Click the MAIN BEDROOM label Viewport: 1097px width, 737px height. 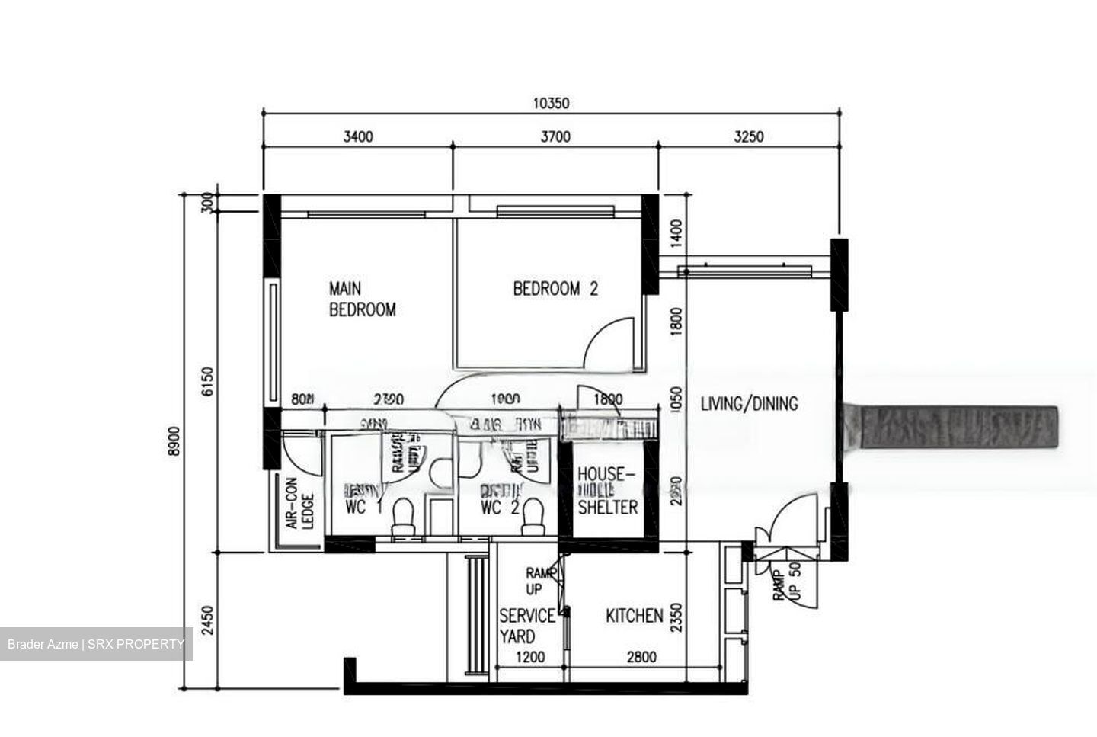tap(362, 300)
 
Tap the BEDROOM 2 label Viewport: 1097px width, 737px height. tap(555, 289)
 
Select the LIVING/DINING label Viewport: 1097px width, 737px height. tap(749, 404)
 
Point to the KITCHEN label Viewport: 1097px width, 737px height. tap(634, 616)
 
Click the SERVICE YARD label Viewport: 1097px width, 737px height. tap(526, 626)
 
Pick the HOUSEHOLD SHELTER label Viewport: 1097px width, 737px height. tap(606, 491)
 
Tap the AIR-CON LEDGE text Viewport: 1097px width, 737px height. tap(299, 504)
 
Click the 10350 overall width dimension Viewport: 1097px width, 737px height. tap(551, 104)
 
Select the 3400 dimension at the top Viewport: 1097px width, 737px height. tap(358, 137)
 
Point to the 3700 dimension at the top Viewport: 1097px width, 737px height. tap(555, 137)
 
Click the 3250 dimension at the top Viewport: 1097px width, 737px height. tap(748, 137)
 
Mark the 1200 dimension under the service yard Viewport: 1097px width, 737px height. tap(530, 657)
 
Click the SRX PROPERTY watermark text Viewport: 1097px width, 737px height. tap(136, 645)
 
